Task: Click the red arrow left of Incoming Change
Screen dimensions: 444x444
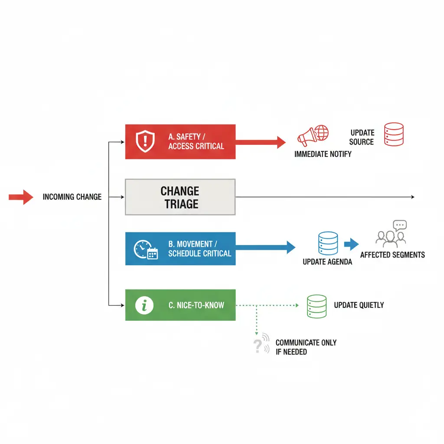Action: click(x=21, y=197)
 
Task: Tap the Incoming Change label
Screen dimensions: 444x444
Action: click(x=72, y=197)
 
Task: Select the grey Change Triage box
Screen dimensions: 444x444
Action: click(x=180, y=197)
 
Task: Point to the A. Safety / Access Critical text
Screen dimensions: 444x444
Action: click(x=196, y=142)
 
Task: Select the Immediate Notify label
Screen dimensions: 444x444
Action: click(x=323, y=154)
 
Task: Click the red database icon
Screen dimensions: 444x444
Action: click(x=394, y=134)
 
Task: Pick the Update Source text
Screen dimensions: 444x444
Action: click(x=362, y=137)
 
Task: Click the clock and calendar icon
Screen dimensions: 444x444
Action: click(x=146, y=250)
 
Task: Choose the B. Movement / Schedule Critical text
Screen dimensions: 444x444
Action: click(x=199, y=249)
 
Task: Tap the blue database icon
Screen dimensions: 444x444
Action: click(x=328, y=243)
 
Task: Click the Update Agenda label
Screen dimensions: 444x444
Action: click(x=327, y=262)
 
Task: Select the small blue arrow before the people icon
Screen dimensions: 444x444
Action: click(x=351, y=245)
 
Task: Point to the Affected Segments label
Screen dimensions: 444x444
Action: click(x=392, y=255)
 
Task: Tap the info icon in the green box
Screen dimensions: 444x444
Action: click(x=144, y=306)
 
